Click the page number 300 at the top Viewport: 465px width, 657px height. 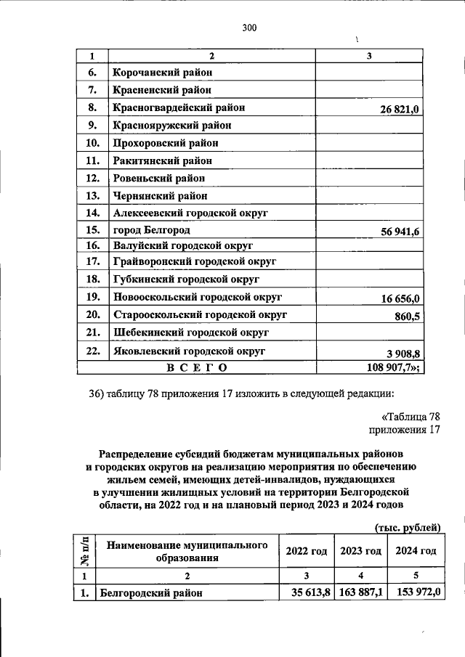pyautogui.click(x=249, y=28)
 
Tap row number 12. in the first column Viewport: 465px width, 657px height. pyautogui.click(x=92, y=178)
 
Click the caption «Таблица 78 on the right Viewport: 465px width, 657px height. pyautogui.click(x=411, y=417)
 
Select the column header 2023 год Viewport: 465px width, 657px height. pyautogui.click(x=360, y=551)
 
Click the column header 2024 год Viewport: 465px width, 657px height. pyautogui.click(x=416, y=551)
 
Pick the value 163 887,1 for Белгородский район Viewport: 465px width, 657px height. pyautogui.click(x=361, y=592)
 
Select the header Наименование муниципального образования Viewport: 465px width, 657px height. pyautogui.click(x=186, y=551)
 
